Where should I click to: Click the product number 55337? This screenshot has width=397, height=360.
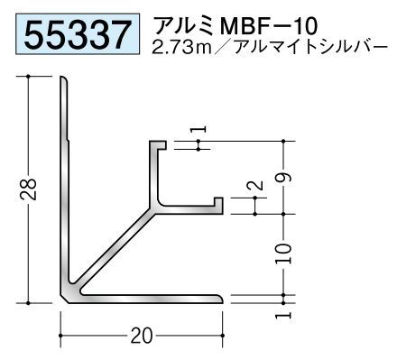coord(78,33)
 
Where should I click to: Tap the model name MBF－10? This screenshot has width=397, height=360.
coord(269,26)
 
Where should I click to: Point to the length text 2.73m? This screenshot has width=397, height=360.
coord(182,47)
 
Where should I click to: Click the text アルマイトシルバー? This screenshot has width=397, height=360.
coord(309,47)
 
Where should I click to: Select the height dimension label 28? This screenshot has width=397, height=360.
coord(28,189)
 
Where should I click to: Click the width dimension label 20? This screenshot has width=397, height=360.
coord(142,336)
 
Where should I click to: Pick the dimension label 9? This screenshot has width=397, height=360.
coord(283,178)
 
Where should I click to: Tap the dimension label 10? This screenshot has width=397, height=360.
coord(283,254)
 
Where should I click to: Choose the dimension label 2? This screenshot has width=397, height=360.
coord(254,185)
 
